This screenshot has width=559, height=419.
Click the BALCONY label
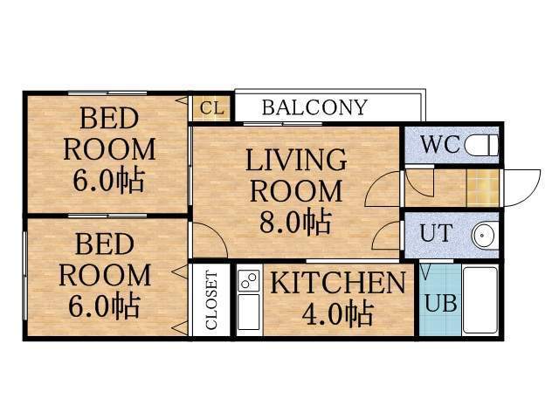(314, 107)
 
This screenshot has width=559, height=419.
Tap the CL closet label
(211, 107)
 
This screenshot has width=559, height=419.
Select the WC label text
(440, 145)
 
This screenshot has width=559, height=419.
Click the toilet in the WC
(480, 145)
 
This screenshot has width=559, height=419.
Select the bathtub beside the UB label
(479, 299)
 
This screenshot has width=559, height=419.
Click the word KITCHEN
(337, 283)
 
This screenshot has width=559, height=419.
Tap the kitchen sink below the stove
(248, 313)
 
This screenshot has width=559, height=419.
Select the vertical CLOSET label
(211, 300)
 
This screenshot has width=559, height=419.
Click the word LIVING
(295, 160)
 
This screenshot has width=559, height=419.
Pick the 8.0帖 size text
(295, 221)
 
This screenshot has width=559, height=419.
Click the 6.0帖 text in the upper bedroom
(109, 182)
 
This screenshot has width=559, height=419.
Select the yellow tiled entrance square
(482, 186)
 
